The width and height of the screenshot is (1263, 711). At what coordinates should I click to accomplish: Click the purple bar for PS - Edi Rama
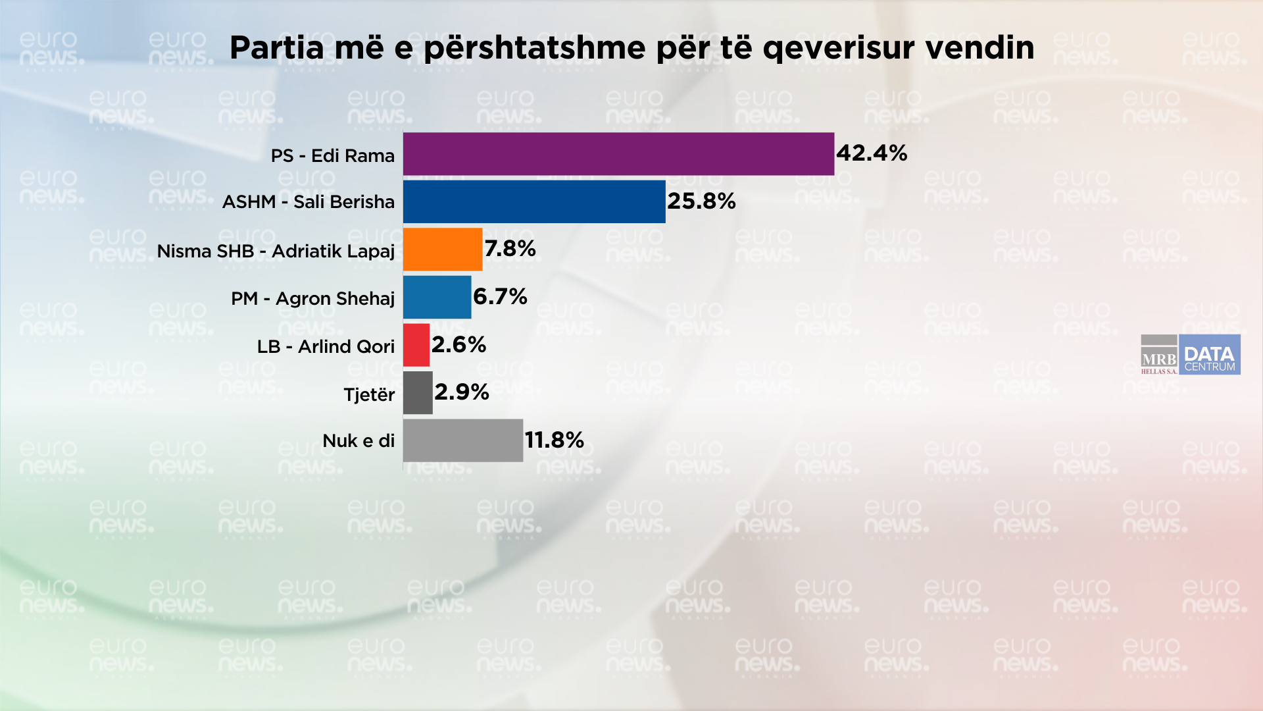pyautogui.click(x=618, y=154)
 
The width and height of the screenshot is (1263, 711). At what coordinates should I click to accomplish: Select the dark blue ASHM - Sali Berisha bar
pyautogui.click(x=534, y=201)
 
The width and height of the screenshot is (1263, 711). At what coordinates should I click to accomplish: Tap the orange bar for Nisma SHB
pyautogui.click(x=443, y=250)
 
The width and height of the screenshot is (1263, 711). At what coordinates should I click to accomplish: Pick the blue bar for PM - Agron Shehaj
pyautogui.click(x=437, y=297)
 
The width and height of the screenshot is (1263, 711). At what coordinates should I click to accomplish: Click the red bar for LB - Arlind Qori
pyautogui.click(x=416, y=345)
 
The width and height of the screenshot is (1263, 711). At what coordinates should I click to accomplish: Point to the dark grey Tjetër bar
pyautogui.click(x=418, y=393)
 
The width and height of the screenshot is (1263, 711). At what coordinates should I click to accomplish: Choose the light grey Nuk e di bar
pyautogui.click(x=462, y=440)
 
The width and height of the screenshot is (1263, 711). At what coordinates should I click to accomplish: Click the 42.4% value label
pyautogui.click(x=872, y=153)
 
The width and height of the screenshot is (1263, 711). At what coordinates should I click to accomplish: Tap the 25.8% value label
pyautogui.click(x=701, y=201)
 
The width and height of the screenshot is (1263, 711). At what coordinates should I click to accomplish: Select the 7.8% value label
pyautogui.click(x=510, y=249)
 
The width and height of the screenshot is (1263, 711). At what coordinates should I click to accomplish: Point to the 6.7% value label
pyautogui.click(x=500, y=297)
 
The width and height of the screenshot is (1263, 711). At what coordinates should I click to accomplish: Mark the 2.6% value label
pyautogui.click(x=458, y=345)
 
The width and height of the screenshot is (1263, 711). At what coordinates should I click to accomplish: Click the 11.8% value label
pyautogui.click(x=554, y=440)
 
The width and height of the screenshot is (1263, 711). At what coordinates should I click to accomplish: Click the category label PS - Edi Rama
pyautogui.click(x=333, y=156)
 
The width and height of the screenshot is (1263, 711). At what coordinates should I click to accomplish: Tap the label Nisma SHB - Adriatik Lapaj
pyautogui.click(x=276, y=251)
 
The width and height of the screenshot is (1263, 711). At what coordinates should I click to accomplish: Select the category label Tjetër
pyautogui.click(x=369, y=395)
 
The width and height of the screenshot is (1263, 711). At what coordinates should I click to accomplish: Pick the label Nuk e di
pyautogui.click(x=359, y=441)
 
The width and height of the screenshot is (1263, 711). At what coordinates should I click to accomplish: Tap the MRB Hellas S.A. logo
pyautogui.click(x=1159, y=355)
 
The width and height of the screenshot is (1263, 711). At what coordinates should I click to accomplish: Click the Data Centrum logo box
pyautogui.click(x=1210, y=355)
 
